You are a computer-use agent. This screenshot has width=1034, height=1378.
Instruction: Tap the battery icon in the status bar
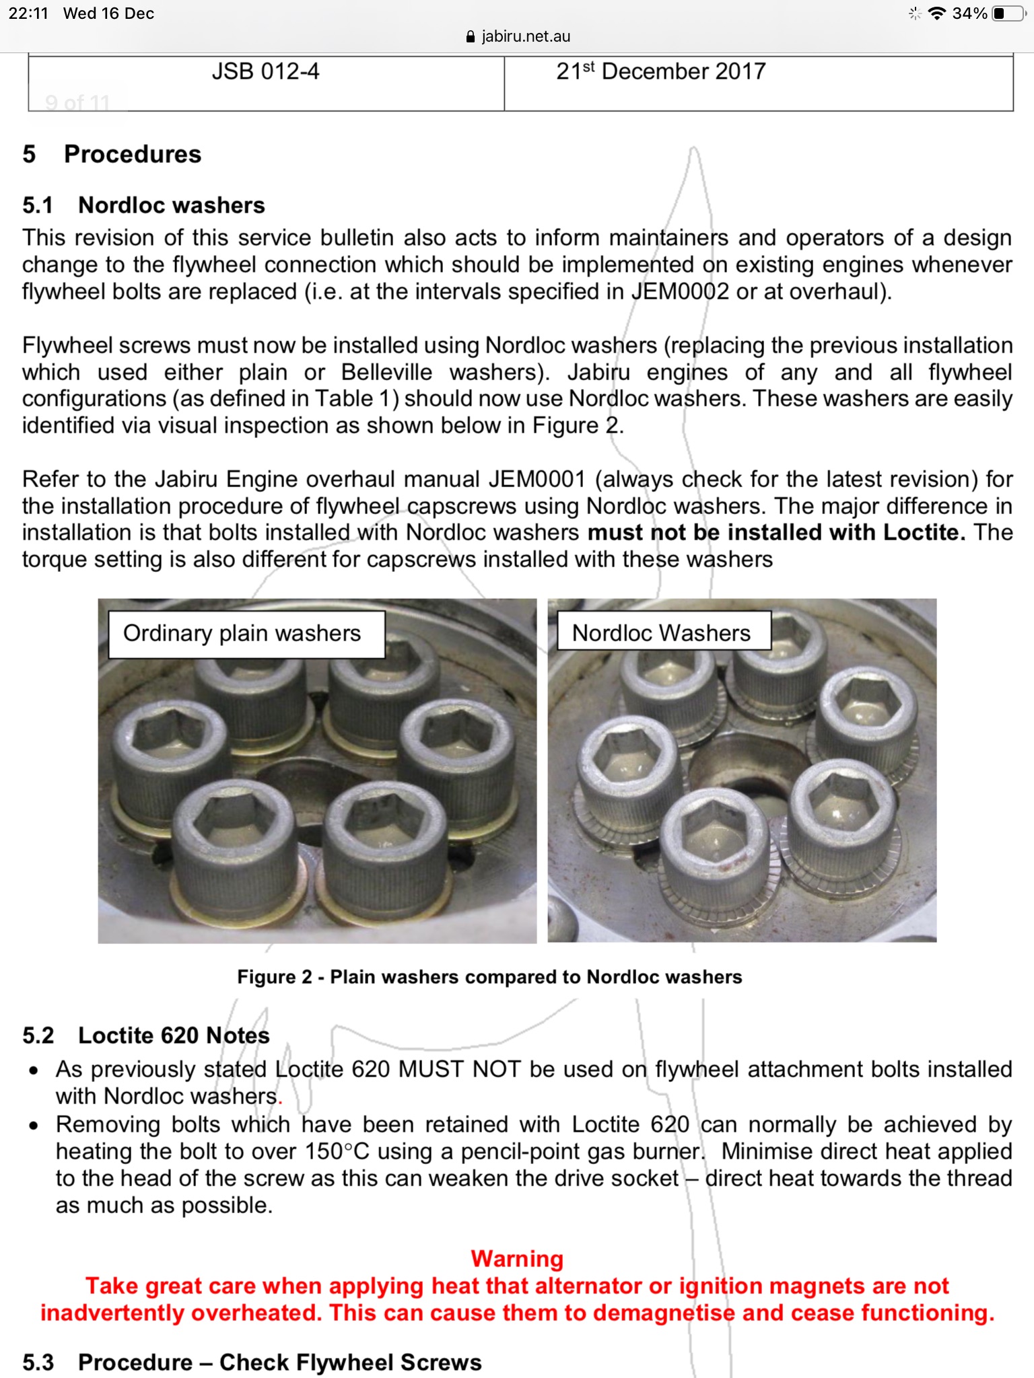(1008, 13)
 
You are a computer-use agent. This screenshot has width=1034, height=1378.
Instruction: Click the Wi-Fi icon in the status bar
(936, 13)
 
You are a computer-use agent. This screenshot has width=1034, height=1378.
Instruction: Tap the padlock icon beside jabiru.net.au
(471, 37)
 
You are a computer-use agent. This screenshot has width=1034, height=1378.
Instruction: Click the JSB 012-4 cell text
(265, 71)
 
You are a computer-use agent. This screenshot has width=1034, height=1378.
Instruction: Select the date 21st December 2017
(660, 71)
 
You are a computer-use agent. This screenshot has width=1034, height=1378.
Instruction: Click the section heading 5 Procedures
(112, 154)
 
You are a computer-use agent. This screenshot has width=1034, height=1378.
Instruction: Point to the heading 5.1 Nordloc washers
(143, 205)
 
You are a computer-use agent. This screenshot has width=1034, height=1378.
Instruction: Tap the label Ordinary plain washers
(242, 633)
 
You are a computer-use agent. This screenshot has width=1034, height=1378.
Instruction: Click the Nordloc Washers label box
(661, 633)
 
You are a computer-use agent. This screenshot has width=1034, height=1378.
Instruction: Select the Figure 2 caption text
(489, 977)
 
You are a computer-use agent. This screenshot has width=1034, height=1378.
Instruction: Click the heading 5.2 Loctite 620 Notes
(146, 1035)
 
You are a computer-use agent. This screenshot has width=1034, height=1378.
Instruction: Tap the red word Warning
(517, 1258)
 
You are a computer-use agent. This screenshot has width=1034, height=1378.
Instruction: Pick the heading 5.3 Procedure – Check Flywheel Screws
(252, 1362)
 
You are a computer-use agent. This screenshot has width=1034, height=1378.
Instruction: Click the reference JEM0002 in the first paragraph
(680, 291)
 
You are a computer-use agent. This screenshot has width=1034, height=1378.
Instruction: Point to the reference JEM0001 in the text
(537, 479)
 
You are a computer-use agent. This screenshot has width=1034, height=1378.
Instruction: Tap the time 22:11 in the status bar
(28, 13)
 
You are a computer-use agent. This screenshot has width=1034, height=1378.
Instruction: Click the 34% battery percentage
(969, 13)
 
